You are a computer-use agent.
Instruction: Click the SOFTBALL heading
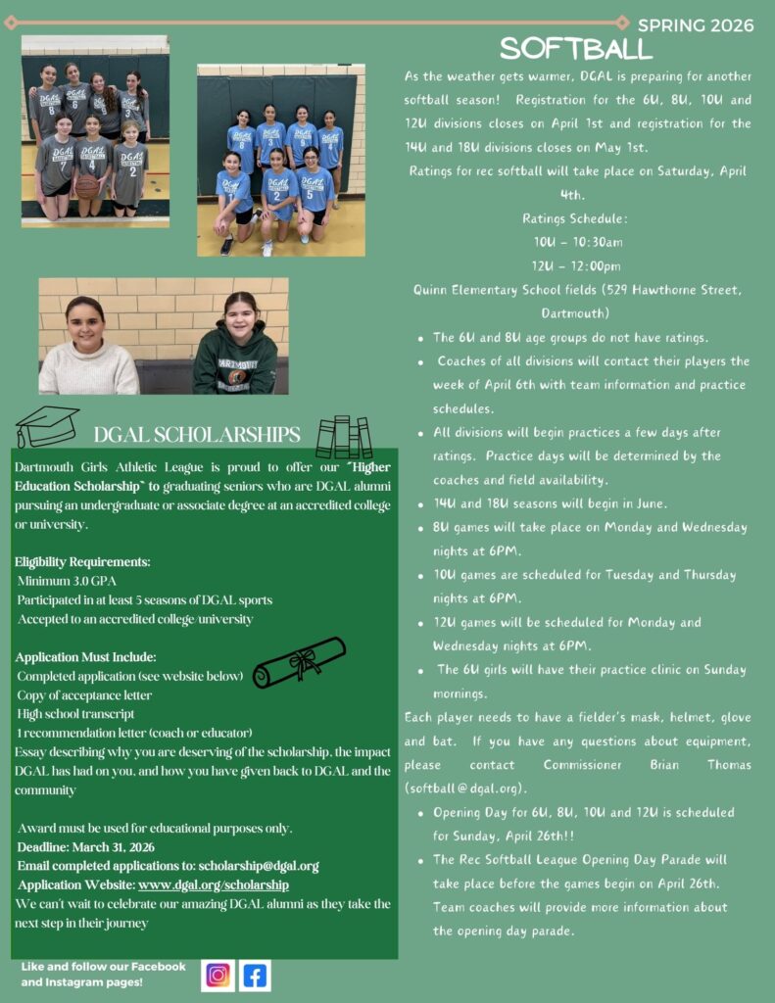pos(575,48)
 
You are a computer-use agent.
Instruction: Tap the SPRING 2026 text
pos(696,25)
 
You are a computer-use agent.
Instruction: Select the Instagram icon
pos(218,976)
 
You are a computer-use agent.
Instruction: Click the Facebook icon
pos(255,976)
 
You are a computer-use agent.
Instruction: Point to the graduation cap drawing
pos(46,426)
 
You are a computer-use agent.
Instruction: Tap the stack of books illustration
pos(344,437)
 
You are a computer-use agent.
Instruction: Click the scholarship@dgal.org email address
pos(259,866)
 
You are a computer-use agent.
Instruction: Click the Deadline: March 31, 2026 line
pos(86,847)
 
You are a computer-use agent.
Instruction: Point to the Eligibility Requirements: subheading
pos(82,562)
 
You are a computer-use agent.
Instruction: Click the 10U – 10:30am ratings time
pos(578,242)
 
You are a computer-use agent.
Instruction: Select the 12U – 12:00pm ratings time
pos(576,265)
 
